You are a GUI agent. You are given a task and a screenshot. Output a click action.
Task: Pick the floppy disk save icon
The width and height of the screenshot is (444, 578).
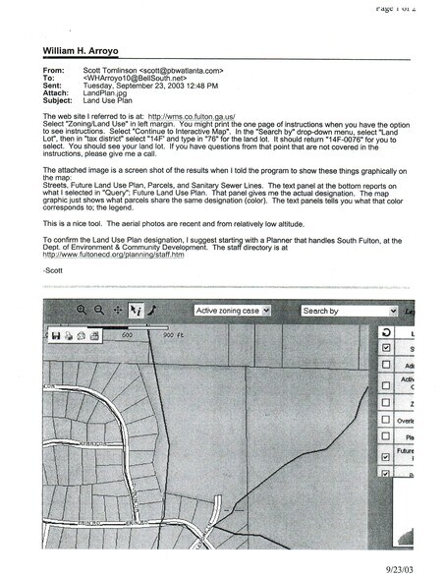[56, 334]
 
